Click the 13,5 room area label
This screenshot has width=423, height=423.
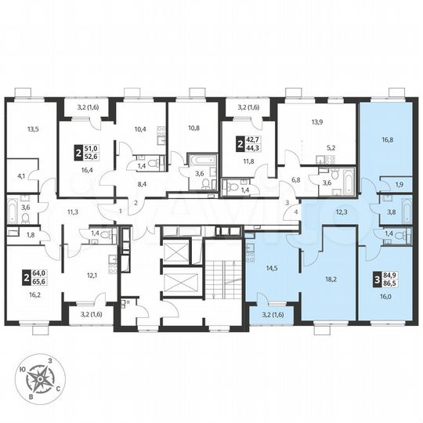(32, 132)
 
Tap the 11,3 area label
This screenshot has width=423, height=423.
(73, 211)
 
